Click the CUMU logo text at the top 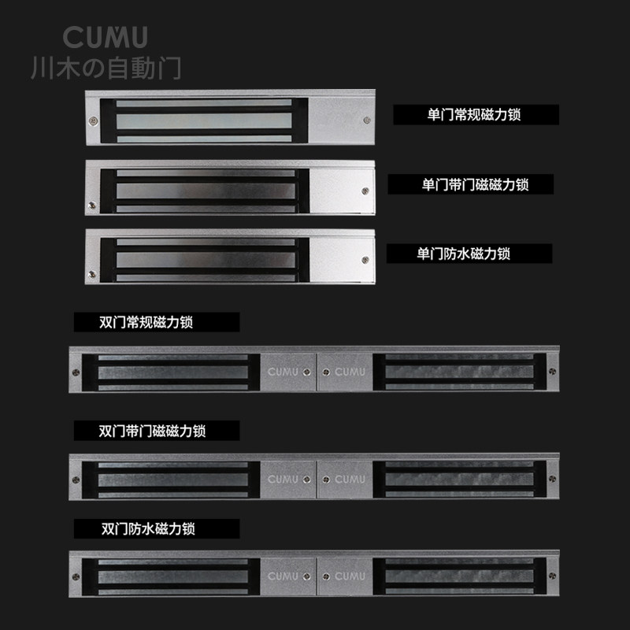point(105,37)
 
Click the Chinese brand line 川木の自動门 point(106,67)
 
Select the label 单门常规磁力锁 point(475,115)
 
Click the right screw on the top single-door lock point(366,120)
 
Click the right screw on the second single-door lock point(364,190)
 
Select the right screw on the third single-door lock point(364,260)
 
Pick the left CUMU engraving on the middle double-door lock point(283,479)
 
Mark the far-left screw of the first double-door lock point(76,372)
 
